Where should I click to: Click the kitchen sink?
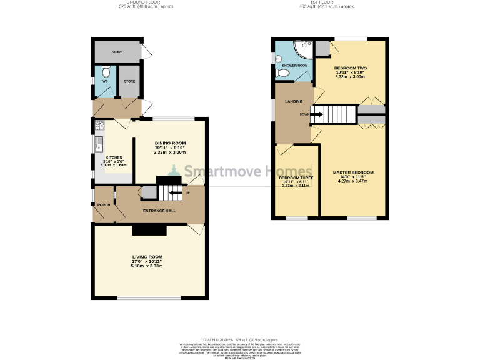pyautogui.click(x=99, y=147)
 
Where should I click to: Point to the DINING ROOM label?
pyautogui.click(x=170, y=143)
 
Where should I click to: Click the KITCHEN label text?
pyautogui.click(x=113, y=157)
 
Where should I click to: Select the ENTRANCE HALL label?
pyautogui.click(x=159, y=211)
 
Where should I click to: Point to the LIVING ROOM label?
pyautogui.click(x=147, y=257)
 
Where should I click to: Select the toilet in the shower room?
pyautogui.click(x=282, y=73)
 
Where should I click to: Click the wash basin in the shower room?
pyautogui.click(x=278, y=57)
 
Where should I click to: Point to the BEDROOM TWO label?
pyautogui.click(x=349, y=67)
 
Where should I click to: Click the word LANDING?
pyautogui.click(x=294, y=101)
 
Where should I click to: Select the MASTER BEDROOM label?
pyautogui.click(x=353, y=172)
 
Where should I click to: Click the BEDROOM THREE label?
pyautogui.click(x=295, y=177)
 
